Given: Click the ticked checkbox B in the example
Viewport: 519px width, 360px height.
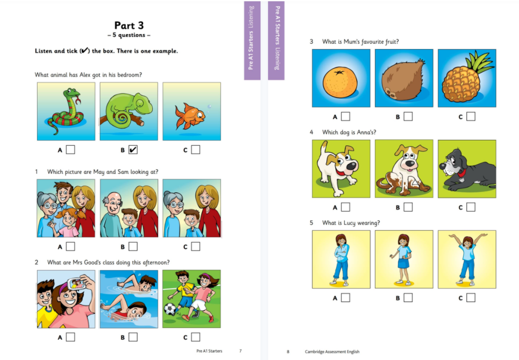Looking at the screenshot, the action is [x=133, y=149].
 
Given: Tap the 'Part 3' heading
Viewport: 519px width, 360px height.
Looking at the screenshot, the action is [x=129, y=25].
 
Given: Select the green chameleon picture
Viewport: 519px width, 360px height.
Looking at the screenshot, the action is [x=129, y=112].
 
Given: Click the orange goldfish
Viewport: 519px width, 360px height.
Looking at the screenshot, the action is [x=190, y=115].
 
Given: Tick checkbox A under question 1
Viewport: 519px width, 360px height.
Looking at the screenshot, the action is [x=70, y=247].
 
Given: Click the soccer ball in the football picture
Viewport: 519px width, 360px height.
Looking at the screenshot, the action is [x=170, y=309].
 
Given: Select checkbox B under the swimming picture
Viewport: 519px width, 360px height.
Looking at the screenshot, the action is [x=133, y=337].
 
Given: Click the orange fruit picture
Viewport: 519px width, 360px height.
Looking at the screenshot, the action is [x=341, y=78].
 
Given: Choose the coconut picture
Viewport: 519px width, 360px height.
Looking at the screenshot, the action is [x=404, y=78].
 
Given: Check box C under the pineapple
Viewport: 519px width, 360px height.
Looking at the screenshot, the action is [x=470, y=116].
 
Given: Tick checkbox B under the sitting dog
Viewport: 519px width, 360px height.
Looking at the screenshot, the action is [x=408, y=207].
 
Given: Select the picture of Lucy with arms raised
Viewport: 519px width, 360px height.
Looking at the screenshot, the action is [x=467, y=260].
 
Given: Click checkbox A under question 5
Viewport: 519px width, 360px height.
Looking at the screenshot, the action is [x=345, y=298].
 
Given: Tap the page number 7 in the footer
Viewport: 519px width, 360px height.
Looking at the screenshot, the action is [x=241, y=351].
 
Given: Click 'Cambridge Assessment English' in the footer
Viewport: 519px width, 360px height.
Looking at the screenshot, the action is [x=332, y=352].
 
